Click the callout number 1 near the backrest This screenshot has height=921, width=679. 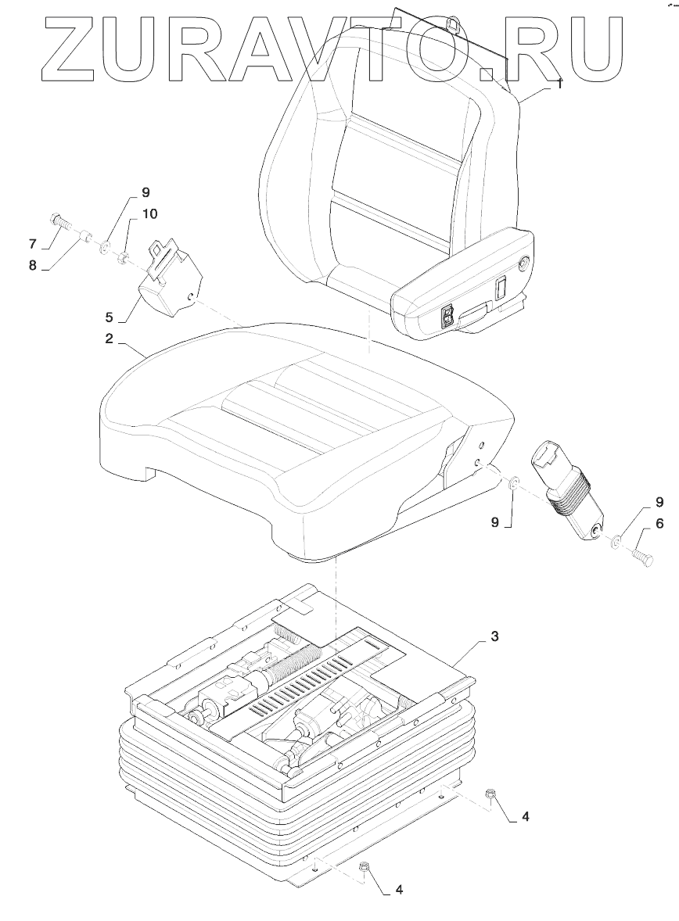click(x=560, y=83)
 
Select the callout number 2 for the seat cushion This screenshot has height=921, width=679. click(x=110, y=339)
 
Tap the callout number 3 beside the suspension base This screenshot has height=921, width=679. click(x=494, y=636)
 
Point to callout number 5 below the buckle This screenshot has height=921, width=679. click(x=110, y=317)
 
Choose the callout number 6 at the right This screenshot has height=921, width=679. click(x=659, y=524)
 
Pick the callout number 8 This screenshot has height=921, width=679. click(x=32, y=265)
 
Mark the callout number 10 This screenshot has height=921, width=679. click(x=149, y=213)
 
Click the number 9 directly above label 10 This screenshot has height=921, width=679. click(x=145, y=192)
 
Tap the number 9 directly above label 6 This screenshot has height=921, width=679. click(x=659, y=501)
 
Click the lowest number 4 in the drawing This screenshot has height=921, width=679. click(x=400, y=889)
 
